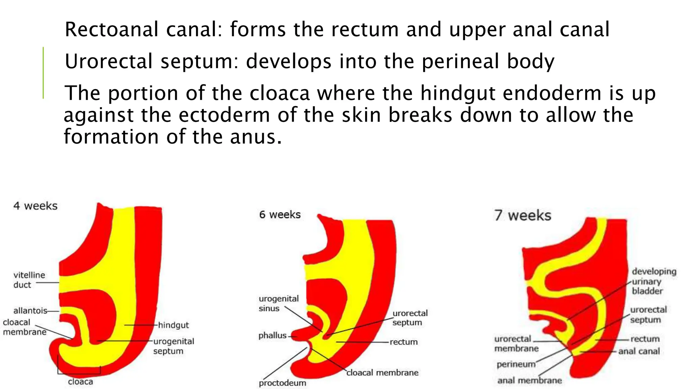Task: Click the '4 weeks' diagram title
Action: click(35, 206)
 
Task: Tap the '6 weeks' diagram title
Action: click(280, 214)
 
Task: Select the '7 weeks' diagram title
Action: click(523, 215)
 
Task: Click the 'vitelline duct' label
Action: click(29, 280)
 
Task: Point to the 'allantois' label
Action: click(30, 311)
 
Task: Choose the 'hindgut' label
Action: click(173, 325)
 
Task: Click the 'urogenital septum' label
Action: click(173, 346)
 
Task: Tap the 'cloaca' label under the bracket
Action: click(80, 382)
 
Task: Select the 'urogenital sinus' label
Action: click(279, 303)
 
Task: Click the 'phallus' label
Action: click(272, 336)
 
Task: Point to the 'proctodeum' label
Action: click(282, 383)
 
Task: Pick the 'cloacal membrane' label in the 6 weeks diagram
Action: click(382, 372)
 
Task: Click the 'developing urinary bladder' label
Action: click(654, 281)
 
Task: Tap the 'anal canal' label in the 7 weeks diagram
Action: click(639, 352)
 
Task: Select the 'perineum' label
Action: click(516, 364)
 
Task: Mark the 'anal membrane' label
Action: click(529, 381)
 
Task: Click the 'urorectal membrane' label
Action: click(516, 343)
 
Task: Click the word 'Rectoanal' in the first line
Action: click(111, 29)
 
